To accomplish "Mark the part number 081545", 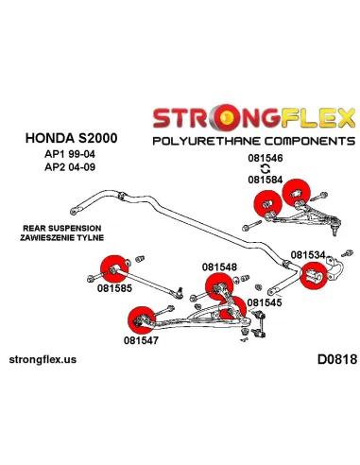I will click(265, 303).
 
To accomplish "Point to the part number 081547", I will click(142, 340).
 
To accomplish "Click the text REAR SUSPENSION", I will click(57, 228).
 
